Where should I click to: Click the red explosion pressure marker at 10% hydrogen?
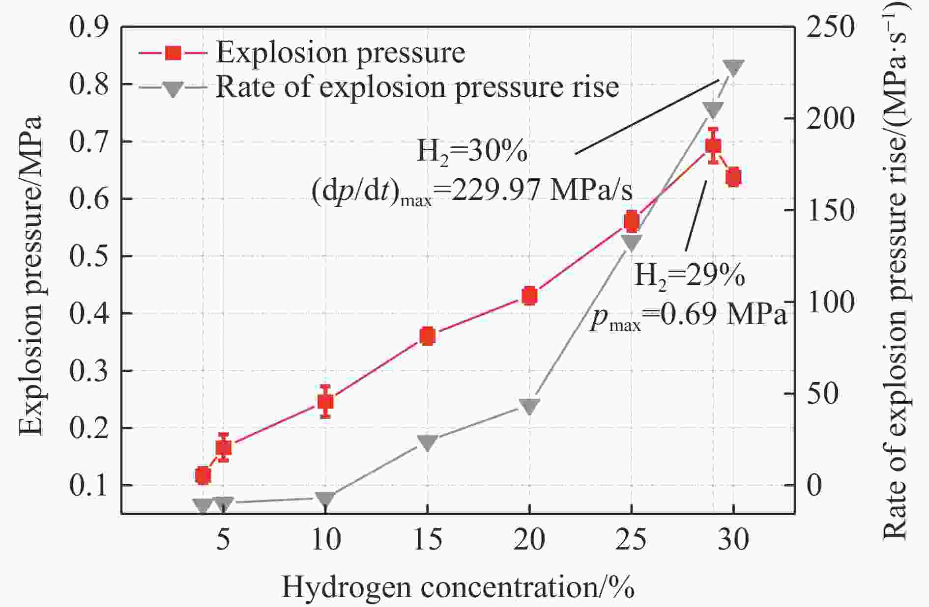coord(325,402)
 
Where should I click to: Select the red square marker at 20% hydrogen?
coord(529,296)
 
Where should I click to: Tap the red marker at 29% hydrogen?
coord(713,146)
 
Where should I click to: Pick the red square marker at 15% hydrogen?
coord(428,336)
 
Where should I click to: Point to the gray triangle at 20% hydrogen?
coord(529,406)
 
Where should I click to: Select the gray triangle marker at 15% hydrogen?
coord(428,442)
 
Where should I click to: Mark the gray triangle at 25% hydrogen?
coord(632,242)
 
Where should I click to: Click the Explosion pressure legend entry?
coord(340,52)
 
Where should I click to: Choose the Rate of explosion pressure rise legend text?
coord(417,87)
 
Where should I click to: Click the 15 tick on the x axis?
coord(428,539)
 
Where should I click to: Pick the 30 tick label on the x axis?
coord(733,539)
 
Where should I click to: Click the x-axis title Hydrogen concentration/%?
coord(458,587)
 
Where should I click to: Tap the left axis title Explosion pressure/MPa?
coord(30,275)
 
